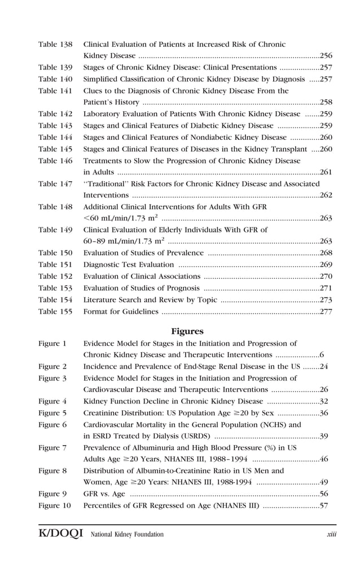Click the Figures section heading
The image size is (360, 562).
(187, 331)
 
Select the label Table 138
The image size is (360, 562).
(55, 45)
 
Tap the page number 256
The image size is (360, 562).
(326, 56)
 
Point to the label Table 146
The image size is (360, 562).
(55, 161)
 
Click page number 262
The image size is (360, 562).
(326, 195)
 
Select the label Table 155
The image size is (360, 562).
(55, 311)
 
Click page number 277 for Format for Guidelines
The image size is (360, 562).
(326, 311)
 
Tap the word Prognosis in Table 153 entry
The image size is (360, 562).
(174, 288)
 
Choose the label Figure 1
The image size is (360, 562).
(52, 343)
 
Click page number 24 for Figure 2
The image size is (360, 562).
(324, 366)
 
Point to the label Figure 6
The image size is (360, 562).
(52, 424)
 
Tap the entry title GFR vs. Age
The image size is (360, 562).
(104, 494)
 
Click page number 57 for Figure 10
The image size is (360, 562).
(324, 505)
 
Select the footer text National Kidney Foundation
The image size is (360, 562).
(128, 534)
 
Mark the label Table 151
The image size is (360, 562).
(55, 265)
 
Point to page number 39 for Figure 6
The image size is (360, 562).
(324, 436)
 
